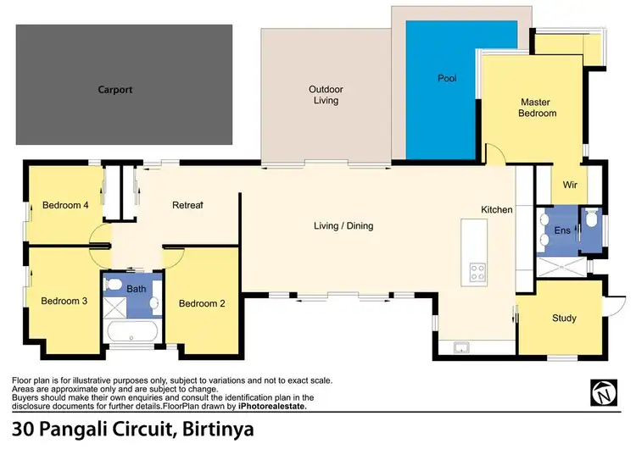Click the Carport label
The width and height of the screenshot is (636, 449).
tap(115, 89)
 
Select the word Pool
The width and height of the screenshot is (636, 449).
tap(447, 79)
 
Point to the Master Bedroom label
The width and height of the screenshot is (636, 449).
tap(538, 108)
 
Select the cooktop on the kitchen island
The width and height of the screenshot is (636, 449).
tap(477, 272)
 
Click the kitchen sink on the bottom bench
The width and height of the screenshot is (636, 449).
tap(462, 346)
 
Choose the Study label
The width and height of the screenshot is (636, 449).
tap(564, 319)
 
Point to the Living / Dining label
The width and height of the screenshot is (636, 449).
tap(343, 226)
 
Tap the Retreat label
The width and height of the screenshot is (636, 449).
tap(187, 205)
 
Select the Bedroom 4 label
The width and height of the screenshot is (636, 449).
tap(65, 205)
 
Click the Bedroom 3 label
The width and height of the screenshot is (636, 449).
tap(65, 301)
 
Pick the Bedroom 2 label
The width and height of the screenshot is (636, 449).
tap(201, 303)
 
